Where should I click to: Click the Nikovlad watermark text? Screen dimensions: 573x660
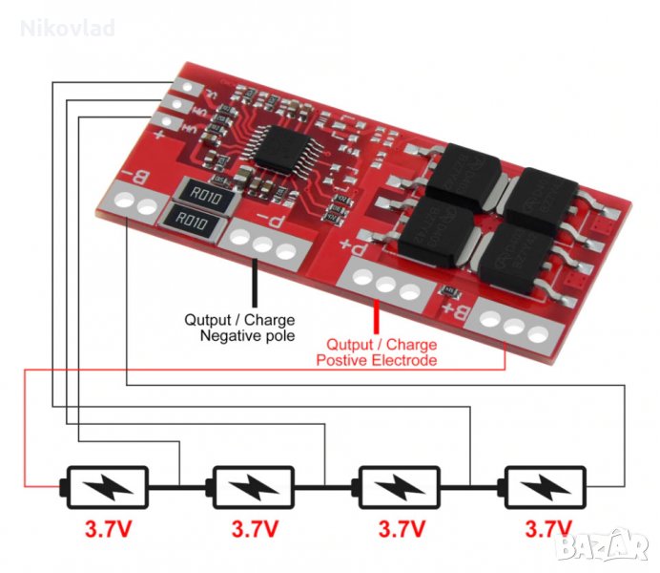point(68,28)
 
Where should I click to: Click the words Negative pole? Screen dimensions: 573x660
point(247,335)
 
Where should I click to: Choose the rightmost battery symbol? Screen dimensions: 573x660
point(546,487)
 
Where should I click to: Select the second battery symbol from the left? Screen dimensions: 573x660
point(251,487)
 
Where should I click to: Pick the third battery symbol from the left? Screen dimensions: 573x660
point(398,487)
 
